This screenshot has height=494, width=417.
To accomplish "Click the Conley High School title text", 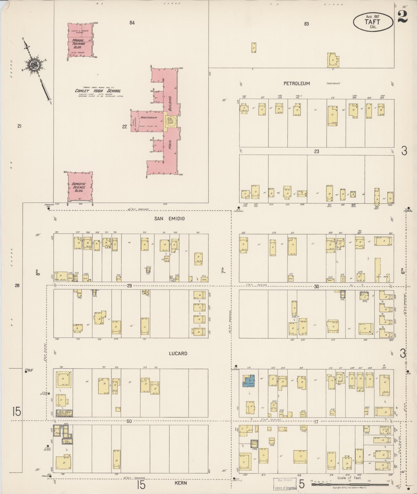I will point(98,91).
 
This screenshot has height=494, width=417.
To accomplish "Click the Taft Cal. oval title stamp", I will point(373,22).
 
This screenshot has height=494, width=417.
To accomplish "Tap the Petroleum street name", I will point(297,83).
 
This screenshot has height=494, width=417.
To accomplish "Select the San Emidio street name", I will point(169,218).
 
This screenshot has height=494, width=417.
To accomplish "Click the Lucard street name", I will point(178,353).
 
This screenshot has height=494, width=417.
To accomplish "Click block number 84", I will point(132,23).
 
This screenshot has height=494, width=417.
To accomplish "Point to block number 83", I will point(306,24).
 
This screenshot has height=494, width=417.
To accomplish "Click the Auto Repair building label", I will point(64,413).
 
